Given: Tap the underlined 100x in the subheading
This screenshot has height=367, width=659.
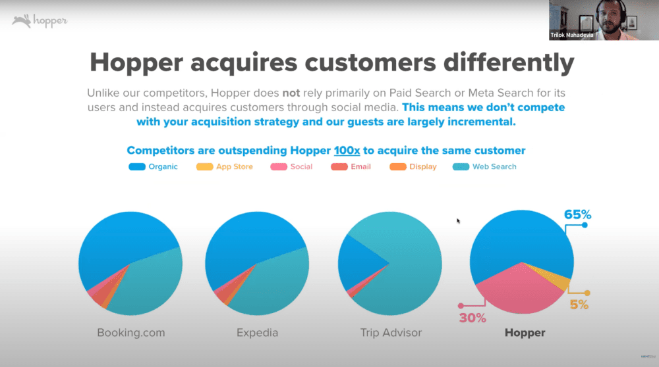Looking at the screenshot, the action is [347, 151].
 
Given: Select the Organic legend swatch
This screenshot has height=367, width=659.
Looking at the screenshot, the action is [137, 167].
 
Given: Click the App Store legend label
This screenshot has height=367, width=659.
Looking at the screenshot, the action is [235, 166].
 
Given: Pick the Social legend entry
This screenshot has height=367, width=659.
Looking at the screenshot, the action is [291, 166].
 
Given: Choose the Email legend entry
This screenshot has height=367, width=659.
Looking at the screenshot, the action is [351, 166].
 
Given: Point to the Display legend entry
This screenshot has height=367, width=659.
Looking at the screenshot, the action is [413, 166].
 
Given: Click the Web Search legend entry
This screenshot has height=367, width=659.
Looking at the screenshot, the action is [484, 166].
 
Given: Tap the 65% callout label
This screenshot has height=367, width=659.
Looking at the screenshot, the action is [577, 215].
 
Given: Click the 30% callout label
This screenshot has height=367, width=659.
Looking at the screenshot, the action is [473, 318].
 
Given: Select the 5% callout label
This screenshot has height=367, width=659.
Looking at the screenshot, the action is [579, 305].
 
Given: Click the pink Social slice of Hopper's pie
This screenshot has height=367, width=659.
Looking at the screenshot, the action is [520, 291].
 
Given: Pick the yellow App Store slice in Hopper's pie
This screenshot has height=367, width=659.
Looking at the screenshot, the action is [555, 278].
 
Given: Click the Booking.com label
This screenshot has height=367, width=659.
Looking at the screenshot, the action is [131, 333].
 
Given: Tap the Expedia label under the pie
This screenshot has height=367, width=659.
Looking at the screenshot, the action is [257, 333].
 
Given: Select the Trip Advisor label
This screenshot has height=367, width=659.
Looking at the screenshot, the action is [391, 333].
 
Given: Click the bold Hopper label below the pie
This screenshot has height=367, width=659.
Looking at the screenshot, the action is [525, 333].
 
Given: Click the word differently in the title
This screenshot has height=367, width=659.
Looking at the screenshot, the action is [509, 63].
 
